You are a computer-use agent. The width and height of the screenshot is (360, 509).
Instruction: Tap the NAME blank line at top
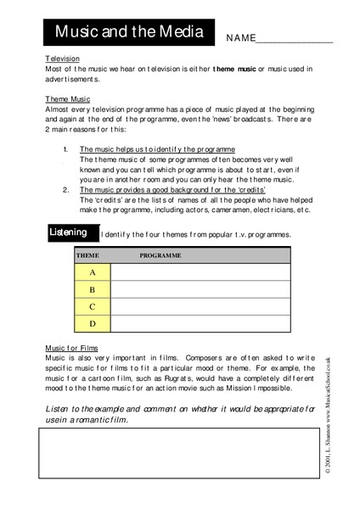pos(293,40)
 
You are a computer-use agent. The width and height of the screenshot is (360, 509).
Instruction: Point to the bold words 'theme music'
pos(236,68)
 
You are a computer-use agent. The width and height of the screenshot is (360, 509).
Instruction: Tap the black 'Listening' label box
pos(68,232)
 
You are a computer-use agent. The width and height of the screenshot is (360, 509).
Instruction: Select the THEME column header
pos(87,255)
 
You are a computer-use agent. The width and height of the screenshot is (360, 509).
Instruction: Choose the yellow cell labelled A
pos(93,272)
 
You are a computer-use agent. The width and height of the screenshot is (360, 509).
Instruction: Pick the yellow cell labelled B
pos(93,289)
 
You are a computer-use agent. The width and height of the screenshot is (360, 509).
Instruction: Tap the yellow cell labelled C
pos(93,306)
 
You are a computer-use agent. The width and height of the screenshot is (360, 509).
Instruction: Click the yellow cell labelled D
pos(93,323)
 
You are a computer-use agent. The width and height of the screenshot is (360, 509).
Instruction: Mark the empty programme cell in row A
pos(200,272)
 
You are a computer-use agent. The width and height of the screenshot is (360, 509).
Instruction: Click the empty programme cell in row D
pos(200,323)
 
